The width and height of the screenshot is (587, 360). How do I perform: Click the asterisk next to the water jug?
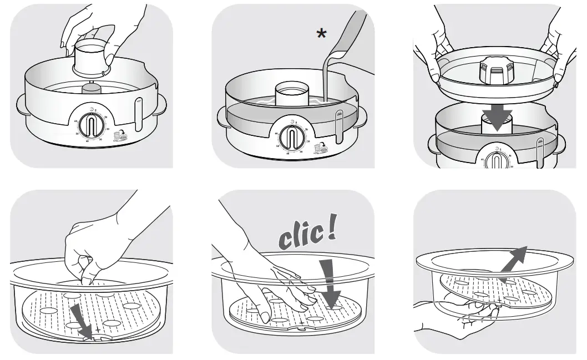321,34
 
